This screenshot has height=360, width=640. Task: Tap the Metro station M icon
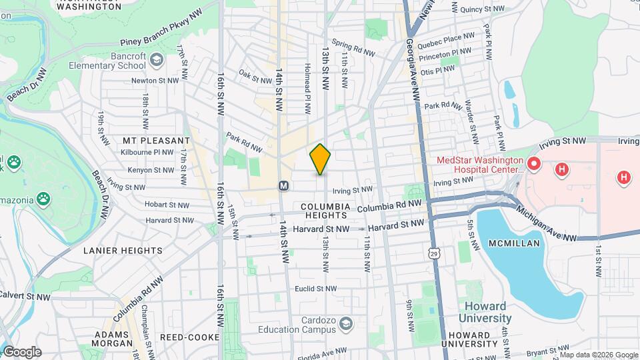point(283,185)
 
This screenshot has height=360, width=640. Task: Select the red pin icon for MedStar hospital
point(533,163)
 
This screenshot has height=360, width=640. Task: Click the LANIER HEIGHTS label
point(123,251)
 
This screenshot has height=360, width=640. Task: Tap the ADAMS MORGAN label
point(113,339)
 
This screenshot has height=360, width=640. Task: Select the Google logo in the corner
point(22,352)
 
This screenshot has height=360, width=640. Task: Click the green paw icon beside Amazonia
point(43,198)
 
